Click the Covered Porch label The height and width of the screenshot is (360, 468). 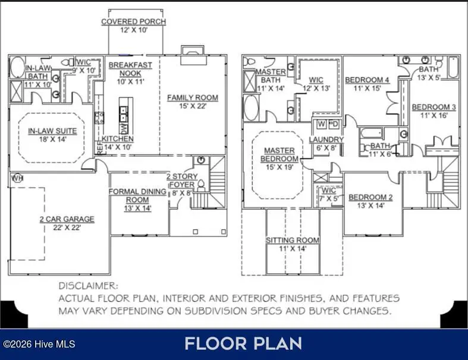133,22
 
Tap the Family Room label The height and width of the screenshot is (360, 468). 192,97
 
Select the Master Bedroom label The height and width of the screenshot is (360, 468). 279,155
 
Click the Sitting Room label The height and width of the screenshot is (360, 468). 292,240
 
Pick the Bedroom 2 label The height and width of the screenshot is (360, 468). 372,197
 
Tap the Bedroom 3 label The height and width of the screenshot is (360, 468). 434,107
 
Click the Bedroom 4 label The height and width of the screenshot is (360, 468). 367,80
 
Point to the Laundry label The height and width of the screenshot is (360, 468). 326,140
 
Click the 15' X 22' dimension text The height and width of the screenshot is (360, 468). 192,106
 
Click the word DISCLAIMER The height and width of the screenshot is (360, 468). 89,286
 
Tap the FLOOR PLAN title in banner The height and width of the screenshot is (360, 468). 243,343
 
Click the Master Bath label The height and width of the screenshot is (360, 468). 271,76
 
